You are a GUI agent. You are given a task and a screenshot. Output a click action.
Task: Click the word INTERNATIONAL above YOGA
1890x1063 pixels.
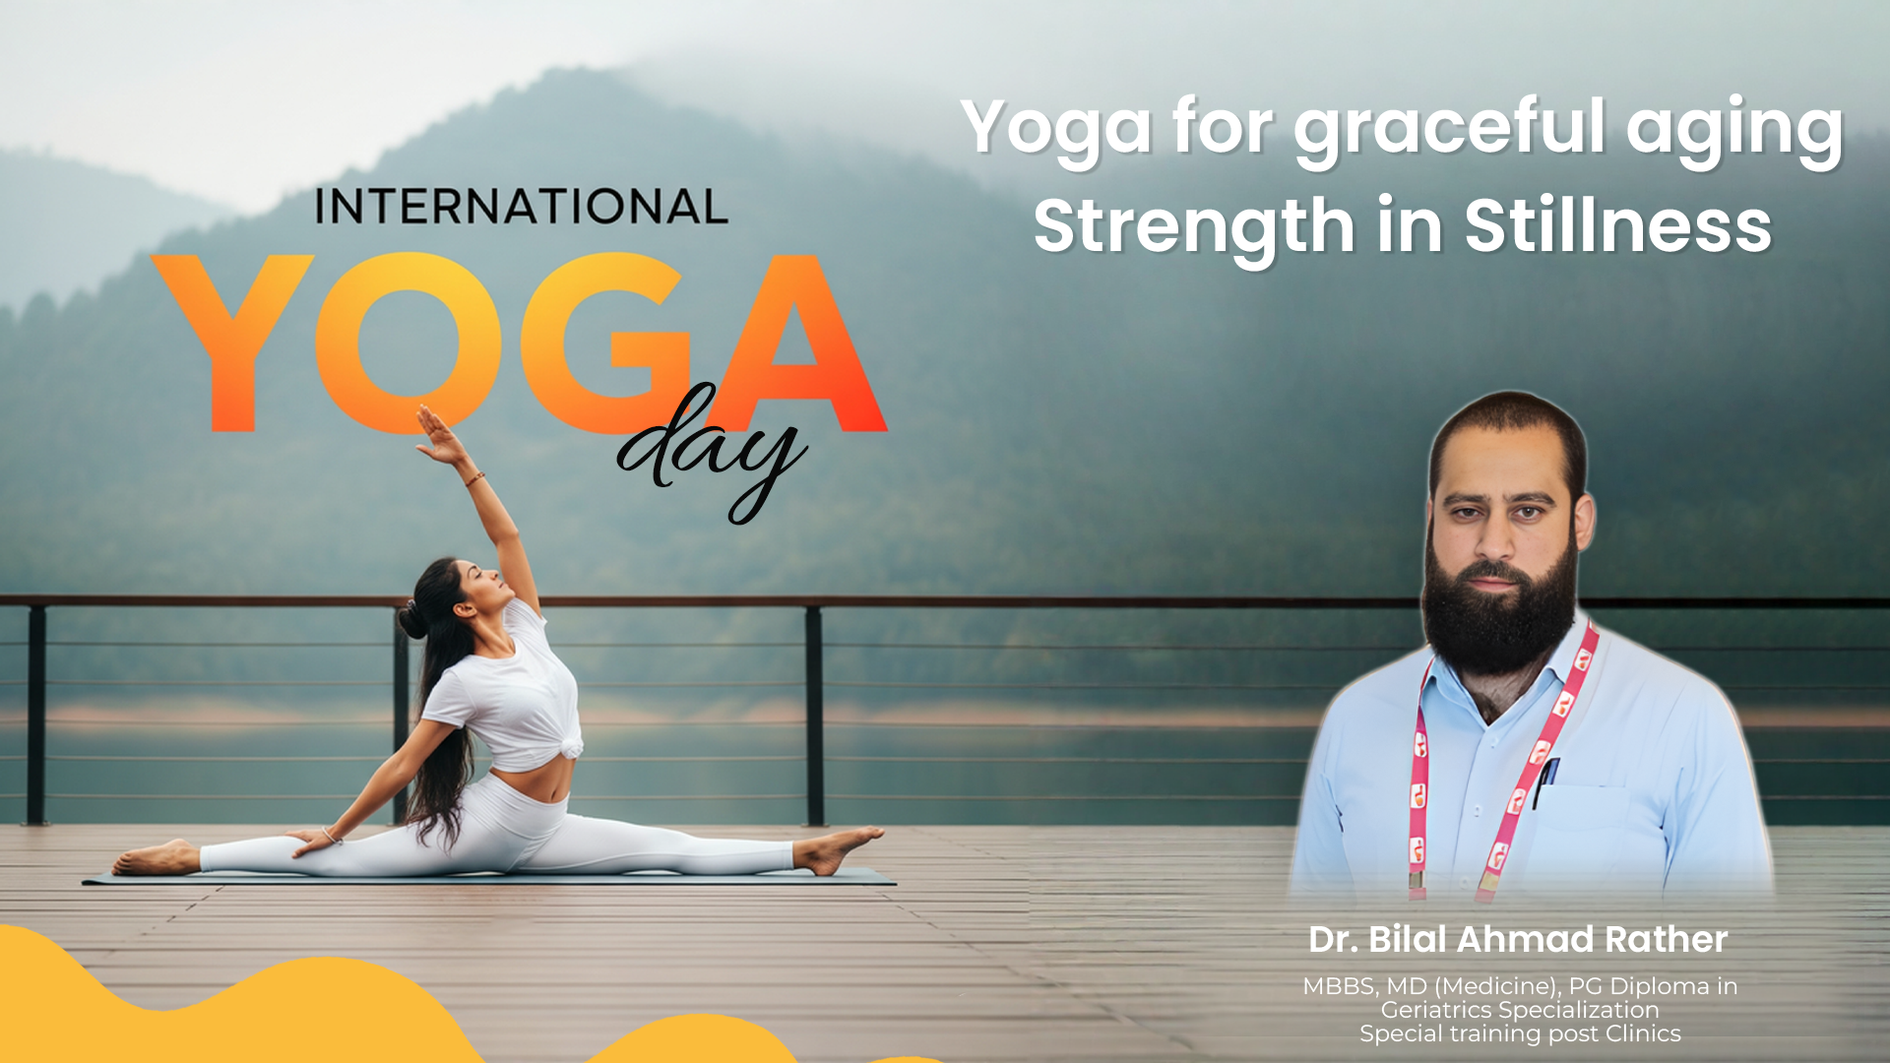pyautogui.click(x=521, y=207)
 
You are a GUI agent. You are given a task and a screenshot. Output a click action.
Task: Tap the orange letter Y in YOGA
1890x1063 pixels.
pyautogui.click(x=232, y=340)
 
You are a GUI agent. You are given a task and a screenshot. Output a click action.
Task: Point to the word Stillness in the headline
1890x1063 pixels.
pyautogui.click(x=1618, y=225)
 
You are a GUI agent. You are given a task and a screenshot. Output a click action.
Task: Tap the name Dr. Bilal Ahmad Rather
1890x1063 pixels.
pyautogui.click(x=1518, y=939)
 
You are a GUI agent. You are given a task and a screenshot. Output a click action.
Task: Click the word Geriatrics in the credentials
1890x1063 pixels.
pyautogui.click(x=1435, y=1010)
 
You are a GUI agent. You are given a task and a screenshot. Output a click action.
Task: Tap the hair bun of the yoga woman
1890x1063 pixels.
pyautogui.click(x=411, y=620)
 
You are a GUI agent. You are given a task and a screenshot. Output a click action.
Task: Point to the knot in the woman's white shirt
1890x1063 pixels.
pyautogui.click(x=569, y=748)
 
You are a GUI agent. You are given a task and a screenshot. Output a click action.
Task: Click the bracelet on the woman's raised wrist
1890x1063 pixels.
pyautogui.click(x=475, y=479)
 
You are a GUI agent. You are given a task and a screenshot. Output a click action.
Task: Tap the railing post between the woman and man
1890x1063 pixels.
pyautogui.click(x=814, y=716)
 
